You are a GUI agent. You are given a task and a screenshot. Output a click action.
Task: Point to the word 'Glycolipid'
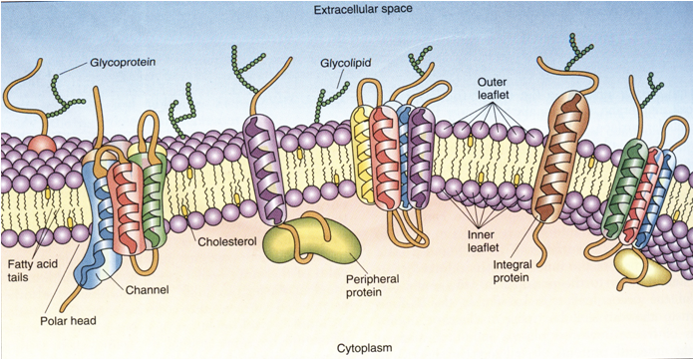pyautogui.click(x=346, y=61)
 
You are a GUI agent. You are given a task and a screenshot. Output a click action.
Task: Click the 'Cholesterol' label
pyautogui.click(x=227, y=240)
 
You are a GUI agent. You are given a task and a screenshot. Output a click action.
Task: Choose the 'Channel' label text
pyautogui.click(x=146, y=290)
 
